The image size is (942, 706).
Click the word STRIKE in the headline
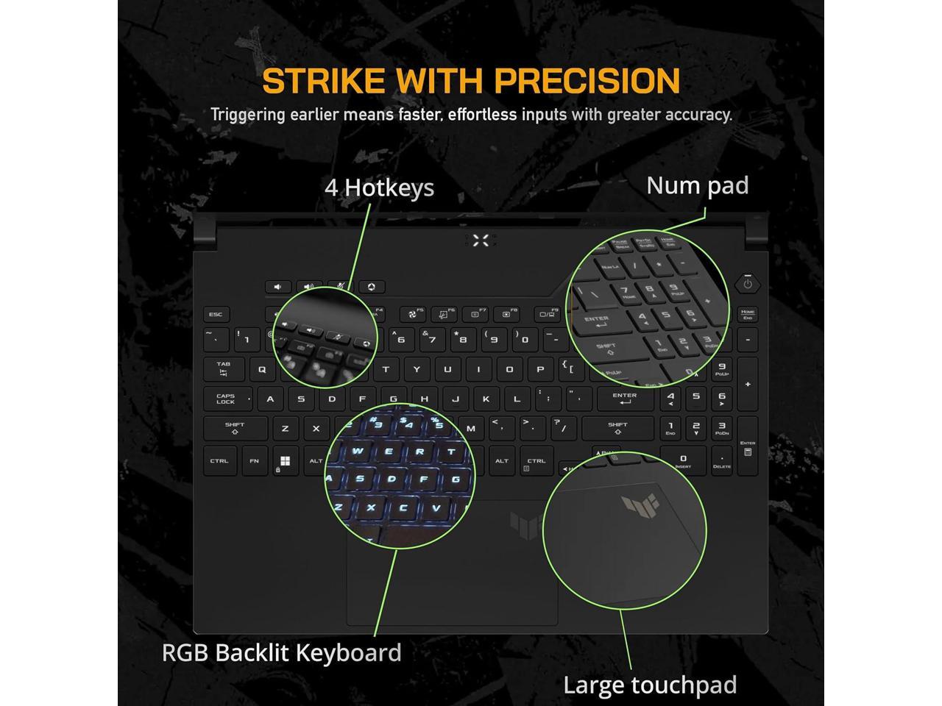(314, 81)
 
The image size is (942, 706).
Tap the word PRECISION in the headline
(587, 81)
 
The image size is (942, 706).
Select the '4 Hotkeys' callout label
(379, 188)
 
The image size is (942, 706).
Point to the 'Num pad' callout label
(697, 185)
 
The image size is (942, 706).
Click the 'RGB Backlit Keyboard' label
(282, 653)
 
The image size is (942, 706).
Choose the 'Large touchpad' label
(650, 685)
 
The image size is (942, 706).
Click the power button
(748, 283)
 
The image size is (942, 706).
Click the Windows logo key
(285, 462)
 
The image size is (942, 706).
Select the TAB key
(224, 368)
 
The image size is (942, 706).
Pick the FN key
(254, 462)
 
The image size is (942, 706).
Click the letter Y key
(417, 369)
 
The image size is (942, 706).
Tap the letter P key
(540, 369)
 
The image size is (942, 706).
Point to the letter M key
(471, 428)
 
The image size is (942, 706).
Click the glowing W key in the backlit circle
(358, 452)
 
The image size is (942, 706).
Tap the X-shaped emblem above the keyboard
(481, 240)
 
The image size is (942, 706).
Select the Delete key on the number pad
(722, 460)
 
